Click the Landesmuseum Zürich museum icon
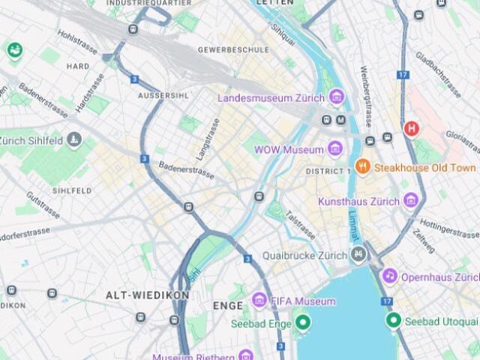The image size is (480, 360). point(337,97)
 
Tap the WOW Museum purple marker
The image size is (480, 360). point(335,149)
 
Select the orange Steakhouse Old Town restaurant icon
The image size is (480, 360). point(363,166)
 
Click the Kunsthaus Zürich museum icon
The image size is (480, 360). point(410,201)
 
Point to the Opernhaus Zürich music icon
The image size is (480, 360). point(389,277)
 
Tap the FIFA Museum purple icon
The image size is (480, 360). point(259,301)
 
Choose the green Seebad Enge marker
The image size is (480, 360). point(303,323)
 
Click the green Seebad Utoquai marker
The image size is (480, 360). point(393,321)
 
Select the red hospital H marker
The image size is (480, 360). point(411,129)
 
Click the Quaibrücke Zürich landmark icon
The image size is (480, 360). point(358,255)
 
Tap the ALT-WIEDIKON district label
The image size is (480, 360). point(148,295)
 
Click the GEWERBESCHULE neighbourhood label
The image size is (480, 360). point(233,49)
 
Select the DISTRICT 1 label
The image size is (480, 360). point(328,172)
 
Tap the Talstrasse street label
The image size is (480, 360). point(301,224)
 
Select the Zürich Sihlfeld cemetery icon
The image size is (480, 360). point(73,139)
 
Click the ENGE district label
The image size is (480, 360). point(227,306)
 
